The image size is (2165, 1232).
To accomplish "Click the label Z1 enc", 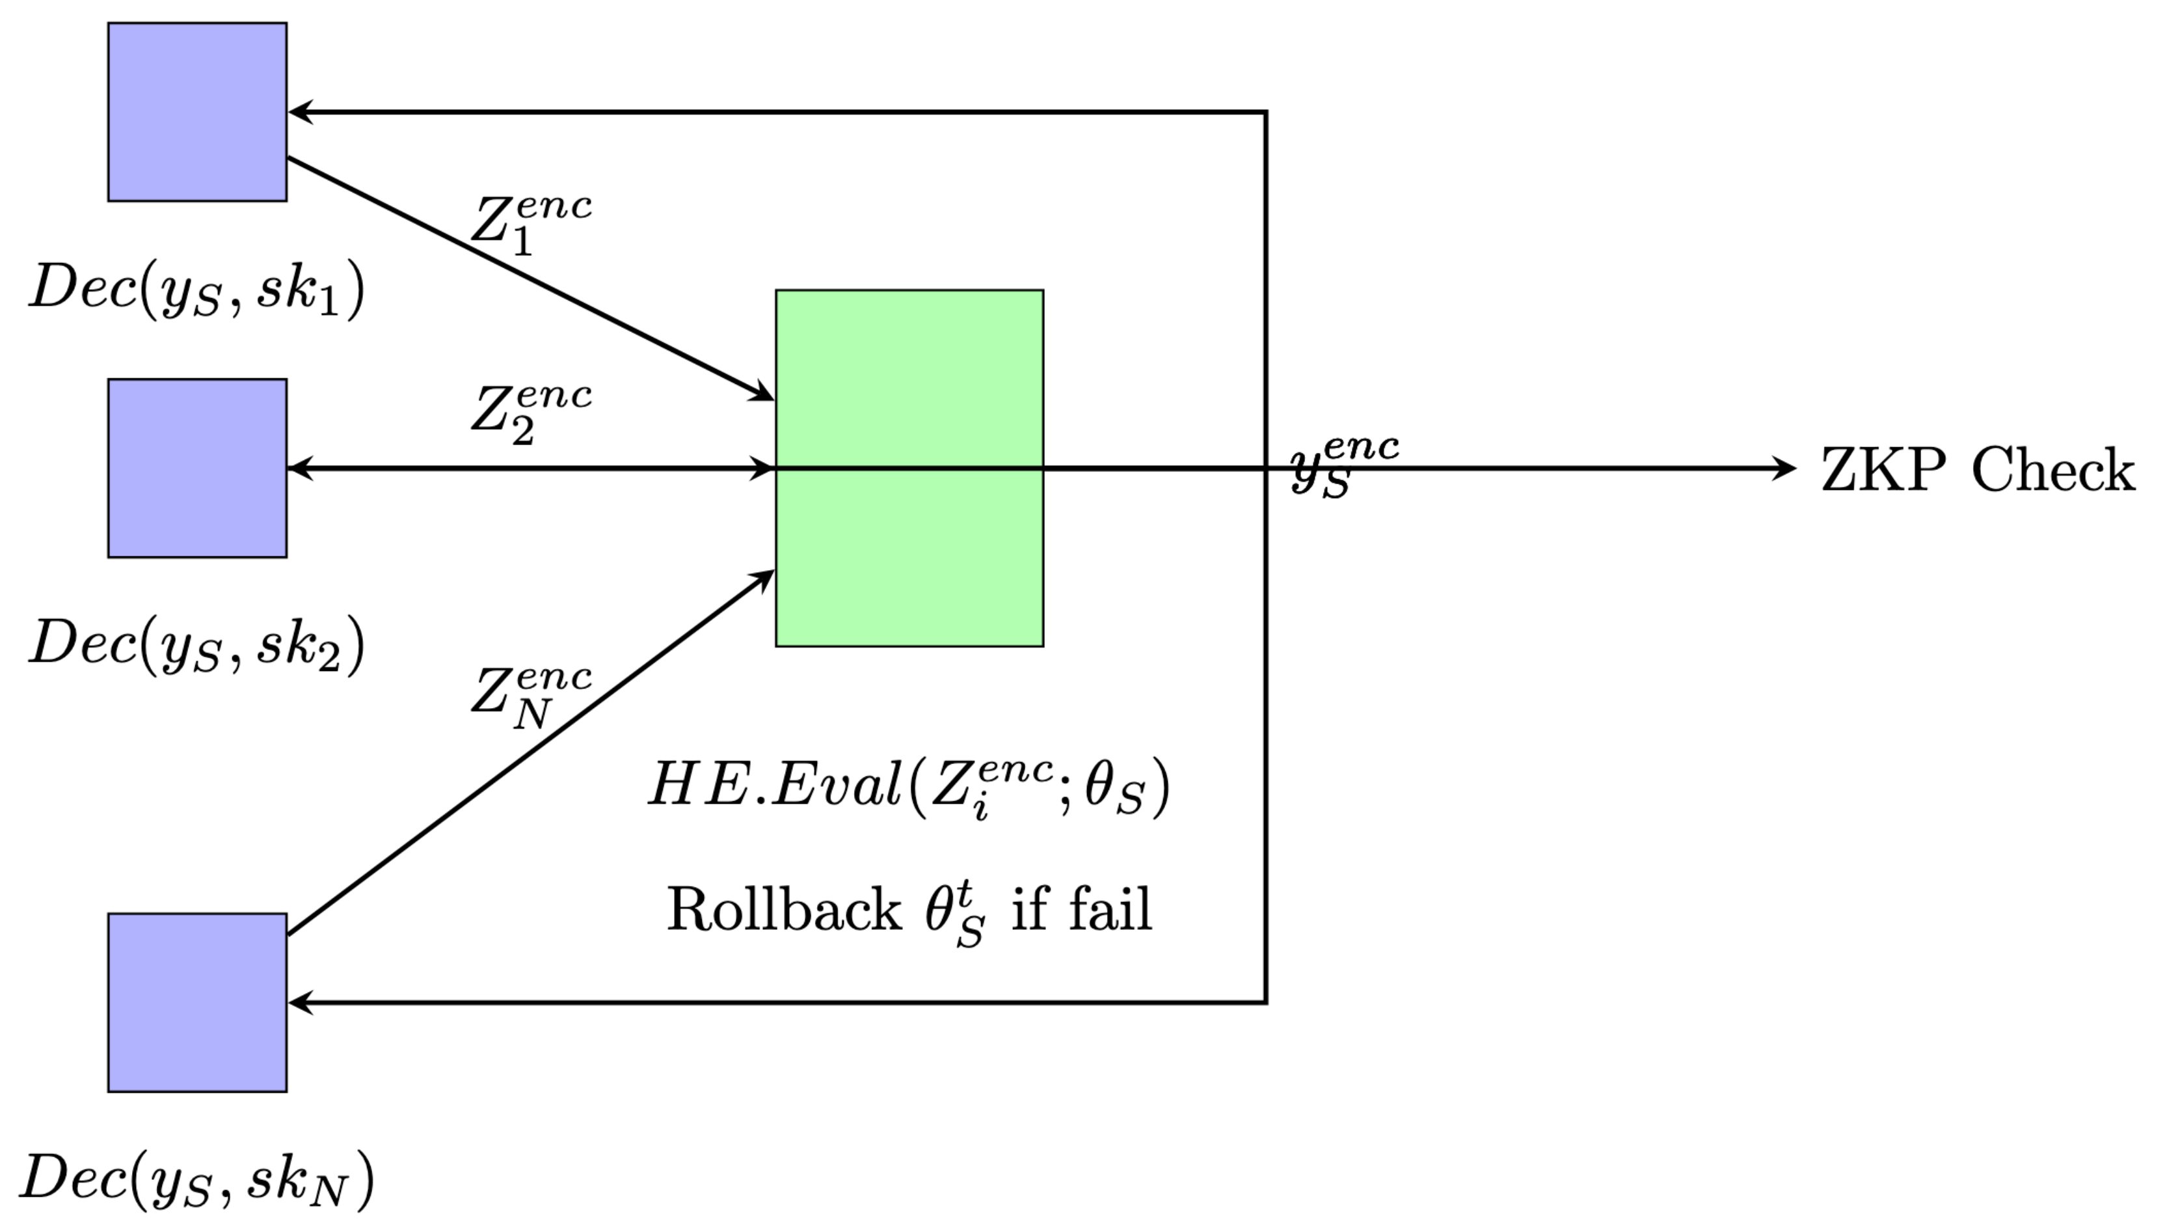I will pyautogui.click(x=530, y=225).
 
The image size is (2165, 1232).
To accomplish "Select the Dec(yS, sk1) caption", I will pyautogui.click(x=197, y=290).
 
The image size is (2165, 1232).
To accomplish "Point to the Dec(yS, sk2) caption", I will pyautogui.click(x=197, y=645).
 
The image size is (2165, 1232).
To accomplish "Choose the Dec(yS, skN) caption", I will pyautogui.click(x=197, y=1179).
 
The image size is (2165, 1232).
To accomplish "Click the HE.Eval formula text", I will pyautogui.click(x=909, y=787).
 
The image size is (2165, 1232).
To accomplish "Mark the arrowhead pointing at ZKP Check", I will pyautogui.click(x=1784, y=468).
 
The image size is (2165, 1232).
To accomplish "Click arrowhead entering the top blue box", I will pyautogui.click(x=301, y=112).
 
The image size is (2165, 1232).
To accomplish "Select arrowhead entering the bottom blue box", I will pyautogui.click(x=301, y=1003).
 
